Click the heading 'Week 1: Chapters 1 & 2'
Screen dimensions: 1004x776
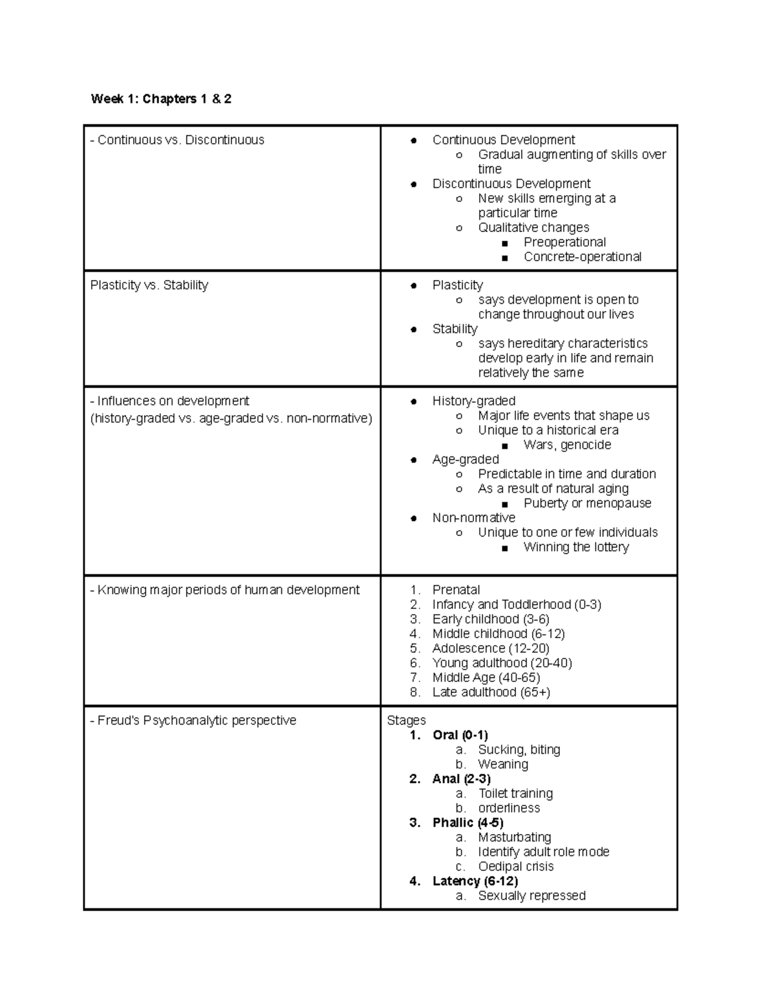click(161, 99)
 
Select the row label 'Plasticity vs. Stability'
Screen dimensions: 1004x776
click(149, 285)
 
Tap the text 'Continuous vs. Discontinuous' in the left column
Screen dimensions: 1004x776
click(180, 140)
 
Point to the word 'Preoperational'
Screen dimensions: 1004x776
click(565, 242)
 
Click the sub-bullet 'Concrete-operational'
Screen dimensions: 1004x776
click(582, 257)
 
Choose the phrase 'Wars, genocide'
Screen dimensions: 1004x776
click(567, 445)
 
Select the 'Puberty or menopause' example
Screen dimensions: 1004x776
click(587, 503)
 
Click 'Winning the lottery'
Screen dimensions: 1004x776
click(576, 547)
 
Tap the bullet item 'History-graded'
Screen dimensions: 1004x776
click(473, 401)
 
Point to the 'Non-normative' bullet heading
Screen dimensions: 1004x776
click(473, 518)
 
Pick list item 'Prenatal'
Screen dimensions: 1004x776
click(456, 590)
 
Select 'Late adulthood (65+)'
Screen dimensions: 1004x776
click(491, 692)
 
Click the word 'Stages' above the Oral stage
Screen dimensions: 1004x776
click(406, 720)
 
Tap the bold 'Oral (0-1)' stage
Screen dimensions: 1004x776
click(460, 735)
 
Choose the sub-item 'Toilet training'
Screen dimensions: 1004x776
click(515, 793)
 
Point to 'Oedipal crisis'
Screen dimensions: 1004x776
click(515, 866)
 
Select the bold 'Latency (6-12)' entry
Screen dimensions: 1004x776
click(475, 881)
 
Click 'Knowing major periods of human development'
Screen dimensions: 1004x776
click(228, 590)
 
